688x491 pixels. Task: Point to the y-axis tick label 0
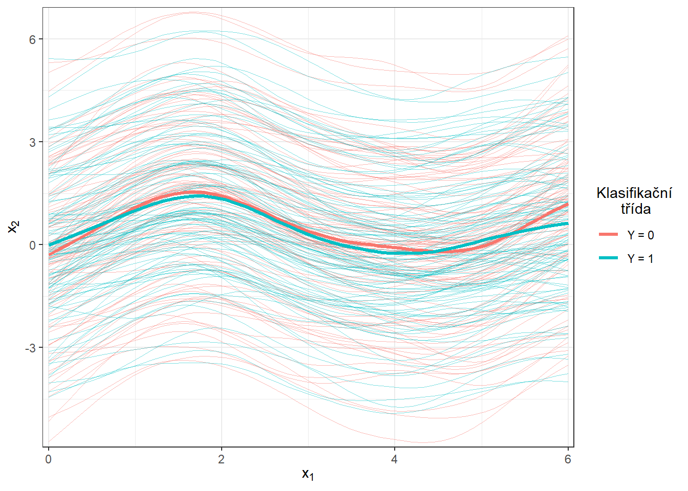click(33, 245)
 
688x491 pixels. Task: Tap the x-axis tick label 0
click(49, 459)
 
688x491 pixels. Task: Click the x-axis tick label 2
click(221, 459)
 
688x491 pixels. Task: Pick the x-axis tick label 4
click(394, 459)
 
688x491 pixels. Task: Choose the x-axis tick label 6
click(567, 459)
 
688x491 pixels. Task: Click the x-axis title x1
click(308, 475)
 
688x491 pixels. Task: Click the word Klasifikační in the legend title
click(634, 193)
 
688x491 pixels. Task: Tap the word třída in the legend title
click(636, 209)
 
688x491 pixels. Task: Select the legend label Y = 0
click(640, 235)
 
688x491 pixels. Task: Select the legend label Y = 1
click(640, 259)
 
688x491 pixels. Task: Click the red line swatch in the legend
click(609, 235)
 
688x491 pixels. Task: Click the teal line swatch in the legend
click(609, 258)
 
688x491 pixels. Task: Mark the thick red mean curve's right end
click(567, 204)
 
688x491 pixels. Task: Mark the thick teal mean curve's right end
click(567, 224)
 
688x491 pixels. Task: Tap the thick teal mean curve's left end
click(49, 244)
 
